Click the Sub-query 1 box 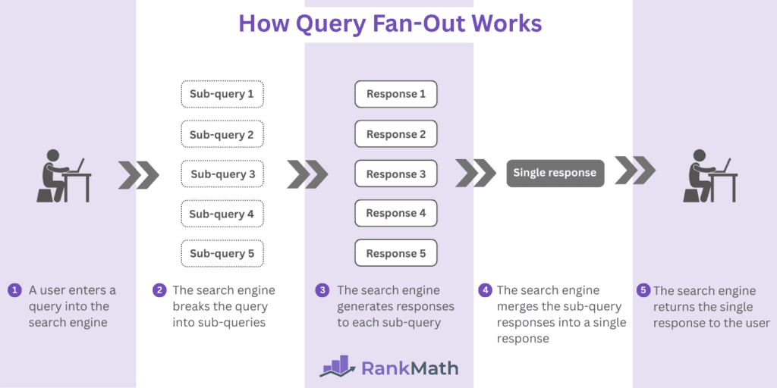coord(222,94)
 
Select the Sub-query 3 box coord(222,174)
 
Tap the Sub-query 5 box coord(222,254)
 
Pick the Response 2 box coord(395,134)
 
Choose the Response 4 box coord(395,214)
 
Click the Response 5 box coord(395,254)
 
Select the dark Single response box coord(555,173)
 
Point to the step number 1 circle coord(14,291)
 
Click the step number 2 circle coord(159,290)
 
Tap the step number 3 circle coord(322,290)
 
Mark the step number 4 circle coord(485,290)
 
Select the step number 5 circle coord(643,290)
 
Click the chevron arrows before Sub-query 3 coord(139,174)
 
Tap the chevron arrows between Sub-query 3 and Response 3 coord(307,174)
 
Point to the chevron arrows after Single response coord(634,171)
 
